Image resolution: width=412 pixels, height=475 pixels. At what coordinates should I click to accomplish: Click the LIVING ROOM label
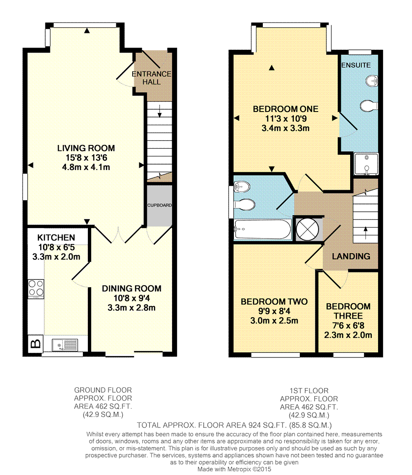point(86,148)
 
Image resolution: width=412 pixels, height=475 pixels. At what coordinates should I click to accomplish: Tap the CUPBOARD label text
point(160,205)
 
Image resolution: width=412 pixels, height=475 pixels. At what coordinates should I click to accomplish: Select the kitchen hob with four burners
point(36,288)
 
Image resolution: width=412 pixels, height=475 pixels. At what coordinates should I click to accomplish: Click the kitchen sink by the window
point(65,345)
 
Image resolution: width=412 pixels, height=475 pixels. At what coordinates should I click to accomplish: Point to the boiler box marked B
point(36,343)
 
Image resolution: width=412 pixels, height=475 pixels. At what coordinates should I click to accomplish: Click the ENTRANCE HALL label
point(152,78)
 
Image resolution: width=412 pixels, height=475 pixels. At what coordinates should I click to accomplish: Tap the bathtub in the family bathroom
point(262,229)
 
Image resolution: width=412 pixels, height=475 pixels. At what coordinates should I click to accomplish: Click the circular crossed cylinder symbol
point(307,229)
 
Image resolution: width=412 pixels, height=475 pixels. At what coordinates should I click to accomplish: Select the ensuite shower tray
point(367,164)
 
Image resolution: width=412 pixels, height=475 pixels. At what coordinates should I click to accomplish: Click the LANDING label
point(351,256)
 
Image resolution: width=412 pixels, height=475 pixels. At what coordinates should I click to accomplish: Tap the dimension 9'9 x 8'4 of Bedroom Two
point(274,311)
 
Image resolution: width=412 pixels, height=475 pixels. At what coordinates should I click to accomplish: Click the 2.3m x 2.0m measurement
point(348,335)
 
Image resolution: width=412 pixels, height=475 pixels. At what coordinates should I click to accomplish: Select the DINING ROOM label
point(131,288)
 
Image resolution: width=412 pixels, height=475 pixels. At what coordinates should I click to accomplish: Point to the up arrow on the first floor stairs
point(366,233)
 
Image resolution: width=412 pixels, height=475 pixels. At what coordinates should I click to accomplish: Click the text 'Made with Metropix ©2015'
point(234,469)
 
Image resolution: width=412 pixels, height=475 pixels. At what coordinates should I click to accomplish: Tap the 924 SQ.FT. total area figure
point(265,425)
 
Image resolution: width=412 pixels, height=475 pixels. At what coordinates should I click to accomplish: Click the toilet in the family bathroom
point(244,204)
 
